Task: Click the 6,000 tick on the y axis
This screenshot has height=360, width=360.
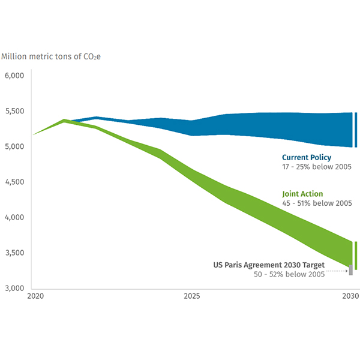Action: click(13, 76)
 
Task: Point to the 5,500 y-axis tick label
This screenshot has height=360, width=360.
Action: click(13, 112)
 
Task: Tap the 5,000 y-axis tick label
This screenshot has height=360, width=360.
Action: click(13, 147)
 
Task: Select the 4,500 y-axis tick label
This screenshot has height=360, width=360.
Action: click(13, 182)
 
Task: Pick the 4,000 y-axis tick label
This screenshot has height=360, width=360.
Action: click(13, 218)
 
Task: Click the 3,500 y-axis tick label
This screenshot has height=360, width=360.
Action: click(13, 253)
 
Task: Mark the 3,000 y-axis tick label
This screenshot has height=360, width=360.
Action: click(13, 289)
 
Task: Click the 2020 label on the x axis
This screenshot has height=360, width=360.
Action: click(35, 296)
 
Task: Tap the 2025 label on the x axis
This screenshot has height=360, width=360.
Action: click(191, 296)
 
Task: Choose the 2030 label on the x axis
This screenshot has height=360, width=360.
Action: click(350, 296)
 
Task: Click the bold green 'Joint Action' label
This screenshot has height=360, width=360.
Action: click(302, 194)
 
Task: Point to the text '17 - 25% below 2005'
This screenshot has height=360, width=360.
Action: click(317, 167)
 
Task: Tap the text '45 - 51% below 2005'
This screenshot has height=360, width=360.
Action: click(317, 204)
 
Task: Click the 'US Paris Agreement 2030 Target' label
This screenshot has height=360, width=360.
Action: click(269, 265)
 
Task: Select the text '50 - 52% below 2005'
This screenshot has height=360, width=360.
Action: click(289, 274)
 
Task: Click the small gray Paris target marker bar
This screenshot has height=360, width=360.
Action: click(350, 269)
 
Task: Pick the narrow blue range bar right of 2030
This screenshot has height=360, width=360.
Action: click(356, 130)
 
